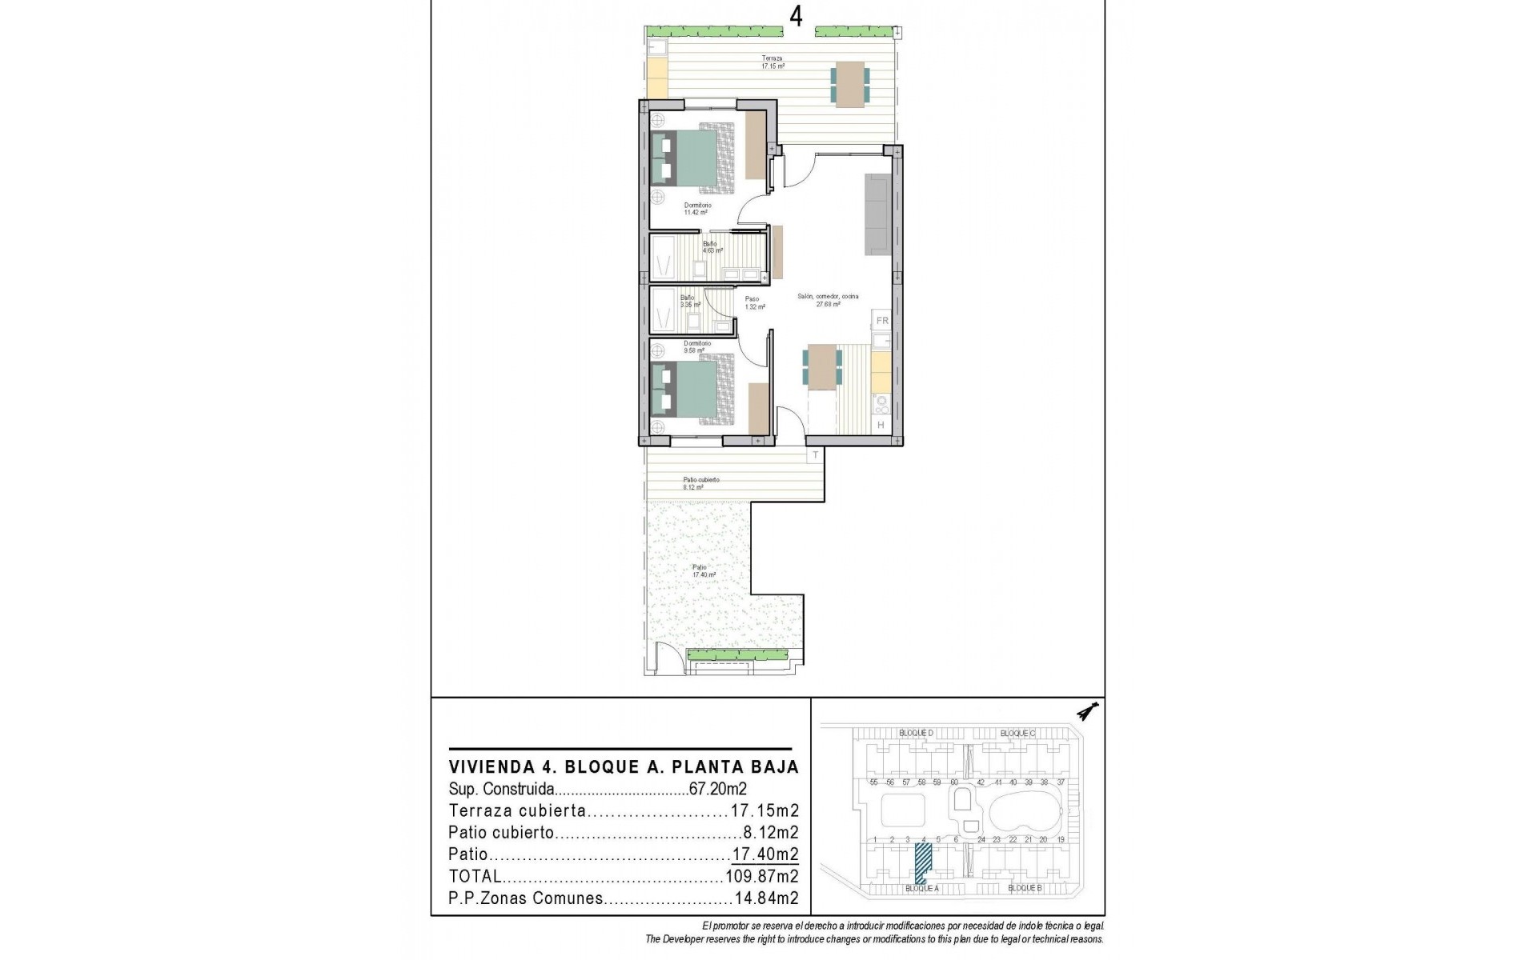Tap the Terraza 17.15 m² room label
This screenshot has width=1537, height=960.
click(x=772, y=62)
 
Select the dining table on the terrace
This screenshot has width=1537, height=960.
click(x=850, y=84)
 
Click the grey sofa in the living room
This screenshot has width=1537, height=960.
click(x=877, y=214)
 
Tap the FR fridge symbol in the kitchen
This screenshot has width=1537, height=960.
click(x=881, y=321)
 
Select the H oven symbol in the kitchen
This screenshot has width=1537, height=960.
click(x=881, y=426)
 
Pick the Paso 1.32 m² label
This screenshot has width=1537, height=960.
click(x=751, y=302)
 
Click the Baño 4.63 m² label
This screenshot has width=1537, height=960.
click(x=711, y=246)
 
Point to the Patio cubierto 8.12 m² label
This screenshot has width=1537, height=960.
click(x=700, y=483)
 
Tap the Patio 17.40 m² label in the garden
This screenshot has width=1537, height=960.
click(x=703, y=570)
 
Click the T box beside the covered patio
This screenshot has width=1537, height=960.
click(x=815, y=455)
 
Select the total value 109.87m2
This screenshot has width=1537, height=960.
click(x=761, y=876)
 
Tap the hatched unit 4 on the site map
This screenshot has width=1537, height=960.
click(x=923, y=865)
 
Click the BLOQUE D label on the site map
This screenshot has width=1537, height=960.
click(x=915, y=733)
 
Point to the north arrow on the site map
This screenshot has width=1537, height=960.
click(x=1087, y=710)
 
